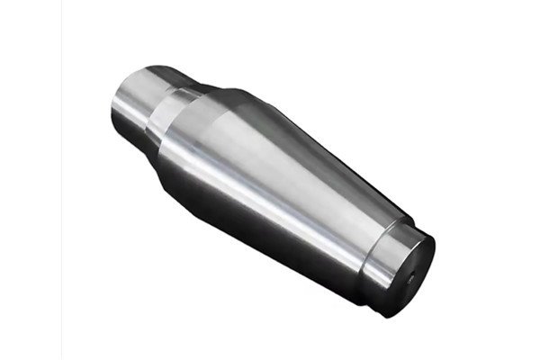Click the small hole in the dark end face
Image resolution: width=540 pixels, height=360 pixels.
[411, 277]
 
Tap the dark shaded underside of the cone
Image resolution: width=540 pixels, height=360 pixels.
[270, 234]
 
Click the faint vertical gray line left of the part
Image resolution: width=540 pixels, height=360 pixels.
[61, 180]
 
